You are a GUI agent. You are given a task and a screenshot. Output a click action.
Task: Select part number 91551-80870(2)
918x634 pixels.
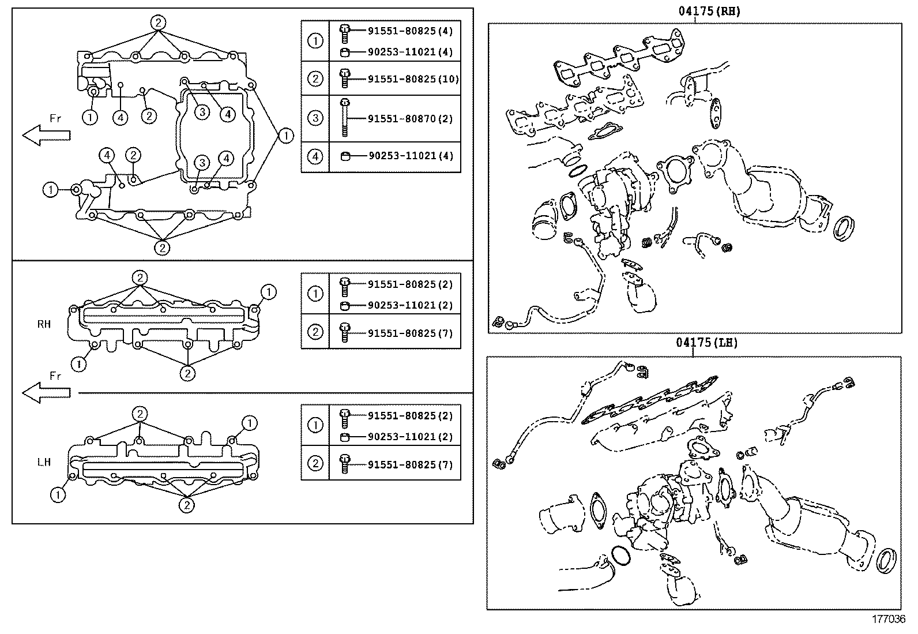click(410, 119)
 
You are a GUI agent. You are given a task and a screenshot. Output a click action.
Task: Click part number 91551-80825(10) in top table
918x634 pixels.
click(413, 78)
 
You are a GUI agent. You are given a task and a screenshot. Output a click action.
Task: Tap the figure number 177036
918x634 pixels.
click(889, 619)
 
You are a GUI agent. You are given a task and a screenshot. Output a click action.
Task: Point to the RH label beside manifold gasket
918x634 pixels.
click(44, 324)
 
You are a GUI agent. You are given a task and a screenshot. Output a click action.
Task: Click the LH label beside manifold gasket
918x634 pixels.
click(44, 462)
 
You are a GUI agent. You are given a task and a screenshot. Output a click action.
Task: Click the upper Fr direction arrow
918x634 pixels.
click(46, 135)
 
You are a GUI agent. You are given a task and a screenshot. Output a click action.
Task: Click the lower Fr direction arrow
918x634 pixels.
click(46, 392)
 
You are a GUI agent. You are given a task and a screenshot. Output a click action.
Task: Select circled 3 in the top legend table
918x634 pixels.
click(315, 119)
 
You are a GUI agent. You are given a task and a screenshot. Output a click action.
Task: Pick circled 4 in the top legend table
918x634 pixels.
click(315, 156)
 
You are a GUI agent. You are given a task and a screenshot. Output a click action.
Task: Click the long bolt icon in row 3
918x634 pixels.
click(344, 118)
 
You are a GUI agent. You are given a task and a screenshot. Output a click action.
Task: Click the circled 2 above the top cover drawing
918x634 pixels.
click(159, 22)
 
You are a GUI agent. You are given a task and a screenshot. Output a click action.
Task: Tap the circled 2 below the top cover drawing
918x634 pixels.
click(163, 247)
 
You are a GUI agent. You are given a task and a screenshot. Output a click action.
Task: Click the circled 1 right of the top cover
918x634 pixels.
click(285, 136)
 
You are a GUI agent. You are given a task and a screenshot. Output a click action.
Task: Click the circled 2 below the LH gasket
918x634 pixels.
click(186, 505)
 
